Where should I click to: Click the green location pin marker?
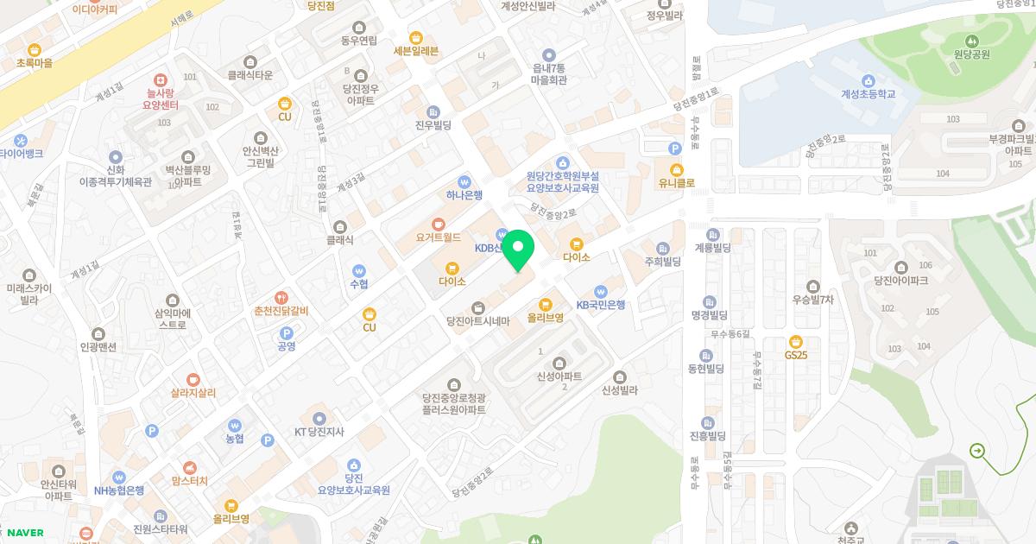518,250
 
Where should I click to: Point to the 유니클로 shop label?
676,182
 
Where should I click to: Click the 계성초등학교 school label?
868,94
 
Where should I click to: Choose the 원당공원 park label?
971,54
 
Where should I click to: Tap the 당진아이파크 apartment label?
900,280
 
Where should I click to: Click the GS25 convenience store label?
796,354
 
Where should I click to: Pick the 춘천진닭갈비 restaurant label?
281,311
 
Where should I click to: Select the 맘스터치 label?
189,480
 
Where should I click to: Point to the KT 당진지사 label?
320,431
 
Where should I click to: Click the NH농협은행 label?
119,490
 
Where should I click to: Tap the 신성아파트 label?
559,376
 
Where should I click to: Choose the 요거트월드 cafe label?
438,236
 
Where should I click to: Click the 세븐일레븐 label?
415,50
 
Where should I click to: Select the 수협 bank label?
358,283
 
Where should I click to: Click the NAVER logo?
23,533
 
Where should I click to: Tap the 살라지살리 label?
193,392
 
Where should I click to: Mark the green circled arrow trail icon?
976,450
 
